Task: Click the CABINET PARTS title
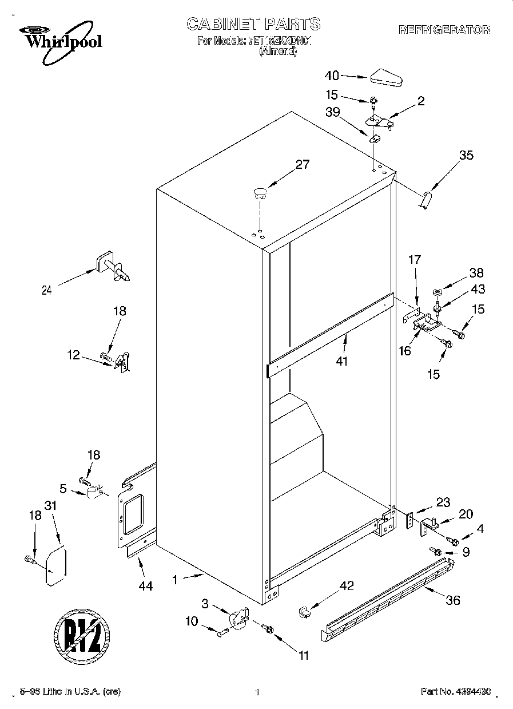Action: click(253, 24)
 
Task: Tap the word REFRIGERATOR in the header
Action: click(444, 29)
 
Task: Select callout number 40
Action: click(332, 76)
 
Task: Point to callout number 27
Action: click(302, 165)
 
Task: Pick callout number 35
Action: click(466, 154)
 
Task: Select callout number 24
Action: click(47, 290)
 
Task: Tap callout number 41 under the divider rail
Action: click(342, 361)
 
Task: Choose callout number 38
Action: click(476, 273)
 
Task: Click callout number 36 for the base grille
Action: click(452, 600)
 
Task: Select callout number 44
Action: click(146, 587)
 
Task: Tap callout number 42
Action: click(347, 585)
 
